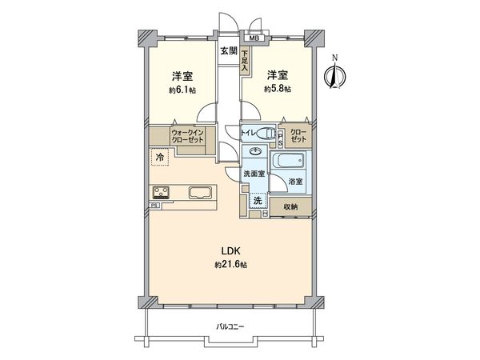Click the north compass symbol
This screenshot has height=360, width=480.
tap(335, 74)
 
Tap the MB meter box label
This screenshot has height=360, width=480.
tap(254, 38)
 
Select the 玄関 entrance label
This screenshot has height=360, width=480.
tap(229, 51)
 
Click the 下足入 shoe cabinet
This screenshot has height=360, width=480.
tap(244, 61)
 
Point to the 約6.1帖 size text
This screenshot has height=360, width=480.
tap(182, 90)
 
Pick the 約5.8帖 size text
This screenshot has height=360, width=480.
tap(278, 89)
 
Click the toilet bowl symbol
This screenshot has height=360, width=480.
tap(266, 134)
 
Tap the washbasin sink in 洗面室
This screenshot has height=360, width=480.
tap(255, 150)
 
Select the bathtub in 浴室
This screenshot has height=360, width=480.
tap(288, 161)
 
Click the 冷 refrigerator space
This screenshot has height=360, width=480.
tap(160, 158)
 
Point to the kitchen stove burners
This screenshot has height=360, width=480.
tap(162, 192)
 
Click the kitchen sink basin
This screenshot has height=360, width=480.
tap(201, 193)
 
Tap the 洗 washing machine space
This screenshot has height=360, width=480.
tap(258, 201)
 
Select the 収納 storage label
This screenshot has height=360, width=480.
tap(290, 207)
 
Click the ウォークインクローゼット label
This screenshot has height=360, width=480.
tap(188, 137)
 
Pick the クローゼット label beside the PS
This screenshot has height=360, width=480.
tap(298, 136)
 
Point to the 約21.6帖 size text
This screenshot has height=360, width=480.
tap(230, 265)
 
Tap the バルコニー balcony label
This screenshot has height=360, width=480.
tap(230, 327)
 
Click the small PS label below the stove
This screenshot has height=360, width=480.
tap(154, 206)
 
